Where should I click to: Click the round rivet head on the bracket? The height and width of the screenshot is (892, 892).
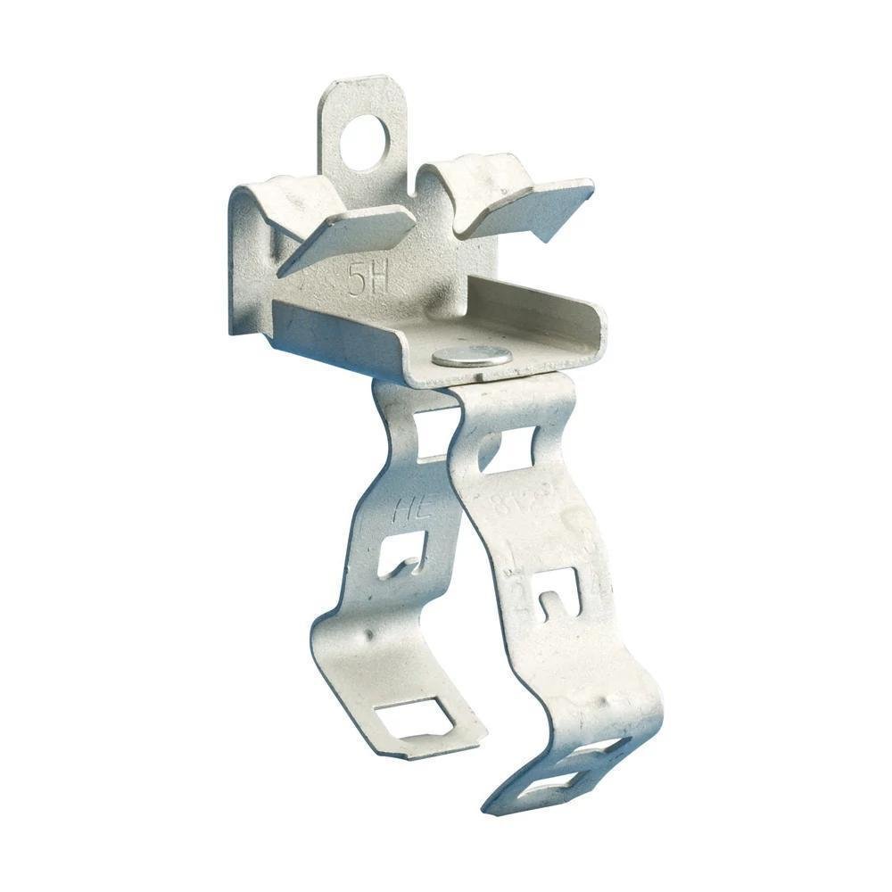(472, 356)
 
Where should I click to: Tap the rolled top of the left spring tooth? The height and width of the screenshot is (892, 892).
(294, 192)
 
